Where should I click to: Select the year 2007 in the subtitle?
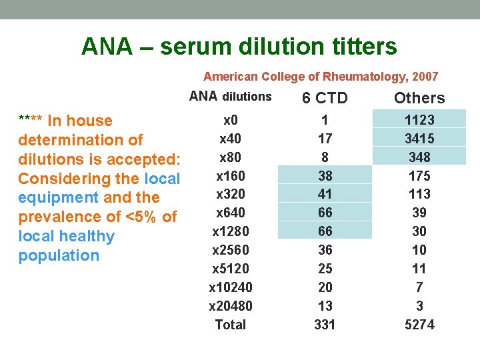pyautogui.click(x=425, y=77)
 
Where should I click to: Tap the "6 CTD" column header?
pyautogui.click(x=325, y=98)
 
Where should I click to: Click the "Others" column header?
pyautogui.click(x=419, y=98)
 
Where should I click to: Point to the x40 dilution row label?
pyautogui.click(x=231, y=139)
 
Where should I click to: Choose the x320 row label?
pyautogui.click(x=231, y=194)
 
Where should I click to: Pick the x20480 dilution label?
pyautogui.click(x=231, y=306)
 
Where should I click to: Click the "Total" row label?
pyautogui.click(x=231, y=325)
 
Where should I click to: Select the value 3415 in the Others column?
pyautogui.click(x=419, y=139)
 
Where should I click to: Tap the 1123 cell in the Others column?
pyautogui.click(x=419, y=120)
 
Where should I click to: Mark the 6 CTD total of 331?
pyautogui.click(x=325, y=325)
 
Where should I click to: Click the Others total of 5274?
pyautogui.click(x=419, y=325)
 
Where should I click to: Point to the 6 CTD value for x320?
pyautogui.click(x=325, y=194)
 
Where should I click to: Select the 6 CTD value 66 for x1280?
pyautogui.click(x=325, y=231)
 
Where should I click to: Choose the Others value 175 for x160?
pyautogui.click(x=419, y=176)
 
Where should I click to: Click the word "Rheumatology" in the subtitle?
pyautogui.click(x=351, y=77)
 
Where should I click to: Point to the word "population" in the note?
pyautogui.click(x=59, y=255)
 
